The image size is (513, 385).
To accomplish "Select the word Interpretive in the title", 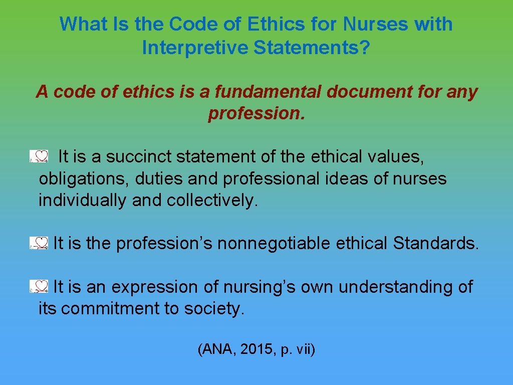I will coord(195,48).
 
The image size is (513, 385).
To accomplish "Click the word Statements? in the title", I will coord(312,48).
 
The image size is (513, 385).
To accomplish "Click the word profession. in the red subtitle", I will coord(256,114).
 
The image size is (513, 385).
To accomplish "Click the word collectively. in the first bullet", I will coord(213,201).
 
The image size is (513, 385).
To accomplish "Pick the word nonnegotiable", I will coord(274,244).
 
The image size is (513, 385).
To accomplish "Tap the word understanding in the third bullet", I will coord(398,287).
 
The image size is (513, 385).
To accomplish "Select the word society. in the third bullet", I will coord(214,309).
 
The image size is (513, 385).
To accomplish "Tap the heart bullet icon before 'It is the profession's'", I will coord(39,244).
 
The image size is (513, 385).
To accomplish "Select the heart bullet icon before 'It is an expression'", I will coord(39,287).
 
